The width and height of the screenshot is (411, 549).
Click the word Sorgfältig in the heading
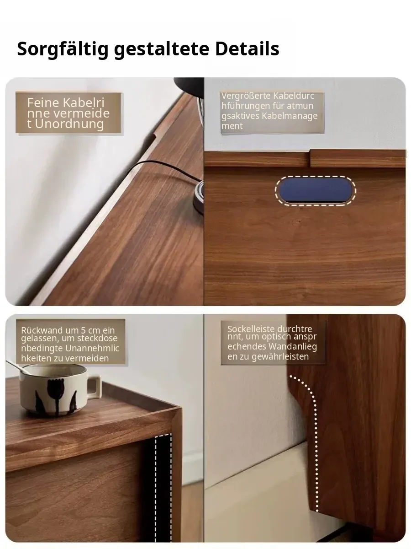click(x=63, y=49)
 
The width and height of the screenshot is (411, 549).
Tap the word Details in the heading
click(x=247, y=48)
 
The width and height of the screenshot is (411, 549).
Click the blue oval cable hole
click(x=316, y=191)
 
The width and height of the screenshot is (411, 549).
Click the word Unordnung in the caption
click(x=69, y=124)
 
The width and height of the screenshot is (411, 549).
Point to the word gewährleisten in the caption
click(x=280, y=356)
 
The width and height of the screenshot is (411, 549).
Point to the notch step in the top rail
click(x=310, y=159)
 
